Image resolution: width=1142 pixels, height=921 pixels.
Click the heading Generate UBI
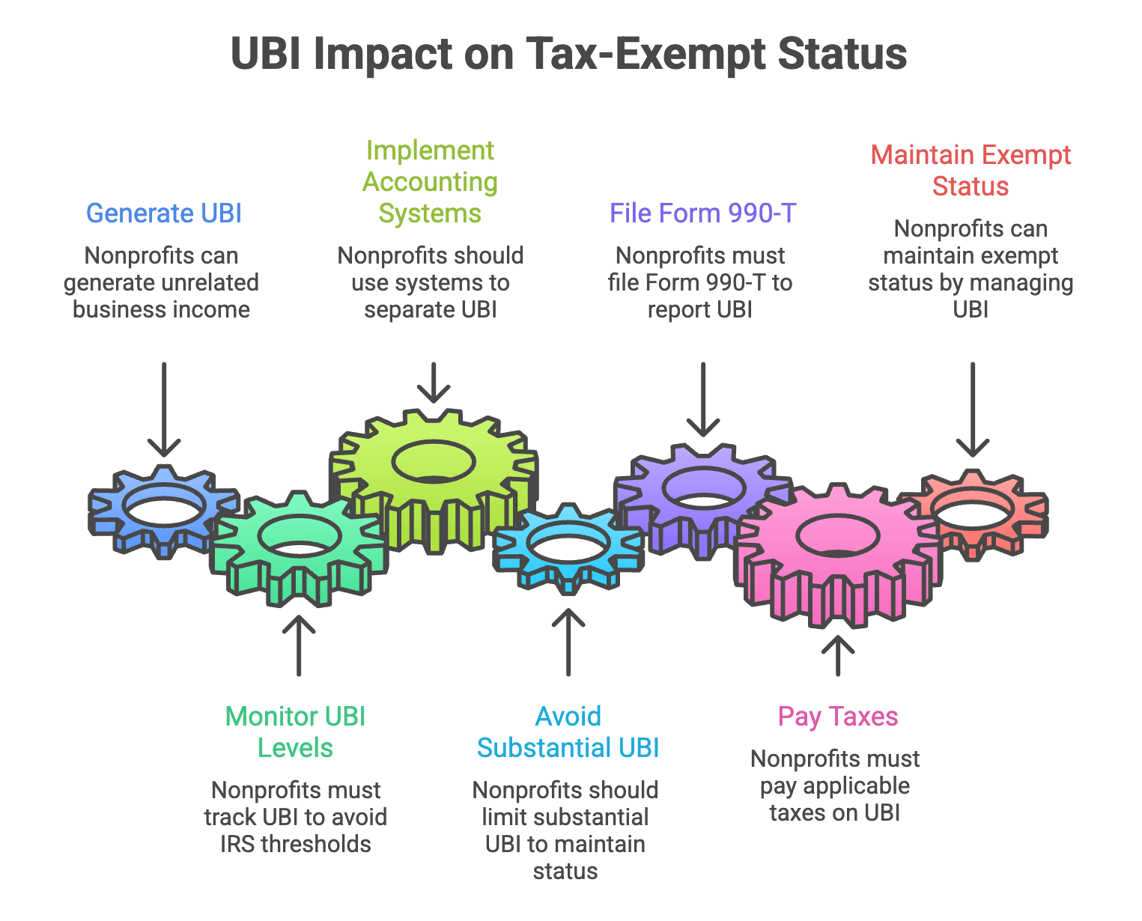click(x=163, y=213)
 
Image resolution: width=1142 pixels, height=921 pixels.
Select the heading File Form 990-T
click(x=702, y=213)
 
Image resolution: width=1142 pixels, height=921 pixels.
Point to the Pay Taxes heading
click(x=838, y=717)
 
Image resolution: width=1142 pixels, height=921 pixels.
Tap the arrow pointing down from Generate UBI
click(x=164, y=408)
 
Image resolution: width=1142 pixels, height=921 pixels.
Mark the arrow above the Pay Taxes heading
click(x=838, y=655)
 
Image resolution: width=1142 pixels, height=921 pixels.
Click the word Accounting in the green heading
click(x=431, y=182)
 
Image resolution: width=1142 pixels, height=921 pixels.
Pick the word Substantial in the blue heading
click(x=535, y=748)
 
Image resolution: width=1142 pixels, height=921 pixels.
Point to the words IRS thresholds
click(x=296, y=844)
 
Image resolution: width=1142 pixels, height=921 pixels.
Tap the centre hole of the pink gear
click(x=837, y=536)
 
